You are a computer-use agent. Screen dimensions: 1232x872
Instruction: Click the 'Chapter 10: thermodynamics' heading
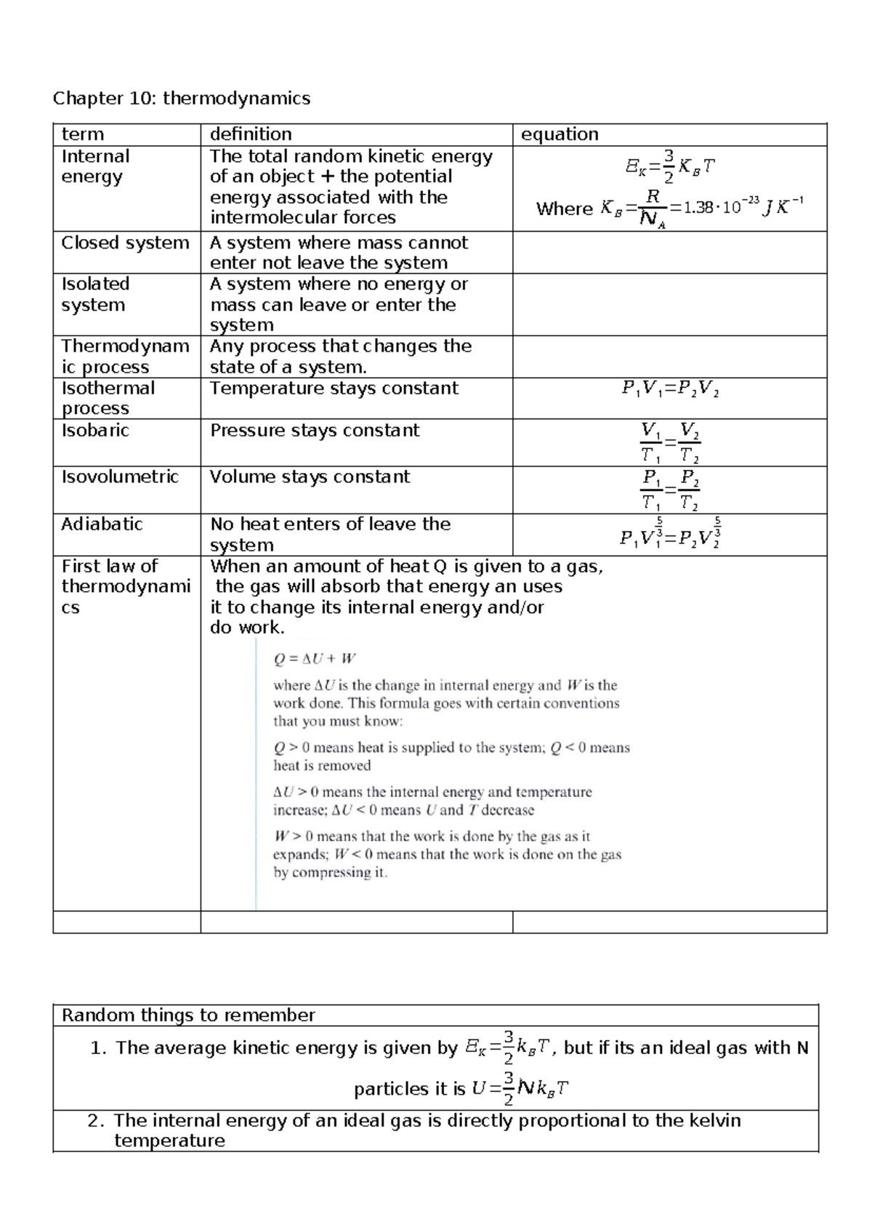[x=181, y=98]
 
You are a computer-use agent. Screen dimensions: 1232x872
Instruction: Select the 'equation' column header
[x=559, y=134]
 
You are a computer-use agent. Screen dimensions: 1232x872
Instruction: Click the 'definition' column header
[x=251, y=134]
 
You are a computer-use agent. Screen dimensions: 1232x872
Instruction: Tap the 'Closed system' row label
[x=125, y=243]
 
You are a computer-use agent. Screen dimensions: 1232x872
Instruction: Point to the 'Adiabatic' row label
[x=102, y=524]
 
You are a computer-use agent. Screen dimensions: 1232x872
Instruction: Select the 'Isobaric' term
[x=95, y=430]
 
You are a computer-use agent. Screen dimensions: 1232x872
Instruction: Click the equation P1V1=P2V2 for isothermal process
[x=670, y=389]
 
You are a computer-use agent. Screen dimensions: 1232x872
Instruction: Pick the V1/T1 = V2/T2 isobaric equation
[x=670, y=443]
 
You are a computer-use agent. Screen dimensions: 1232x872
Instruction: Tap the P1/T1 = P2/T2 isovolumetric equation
[x=670, y=490]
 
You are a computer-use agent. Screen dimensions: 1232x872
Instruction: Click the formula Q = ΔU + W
[x=314, y=659]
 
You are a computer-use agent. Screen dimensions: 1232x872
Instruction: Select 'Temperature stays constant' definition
[x=334, y=388]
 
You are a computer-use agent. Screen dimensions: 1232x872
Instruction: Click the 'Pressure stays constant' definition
[x=314, y=430]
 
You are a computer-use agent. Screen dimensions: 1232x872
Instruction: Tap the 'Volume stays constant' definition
[x=310, y=477]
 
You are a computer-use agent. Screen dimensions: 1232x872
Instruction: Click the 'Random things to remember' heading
[x=188, y=1015]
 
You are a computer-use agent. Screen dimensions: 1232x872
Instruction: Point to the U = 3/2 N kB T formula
[x=520, y=1088]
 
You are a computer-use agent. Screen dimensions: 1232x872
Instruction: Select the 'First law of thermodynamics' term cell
[x=125, y=586]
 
